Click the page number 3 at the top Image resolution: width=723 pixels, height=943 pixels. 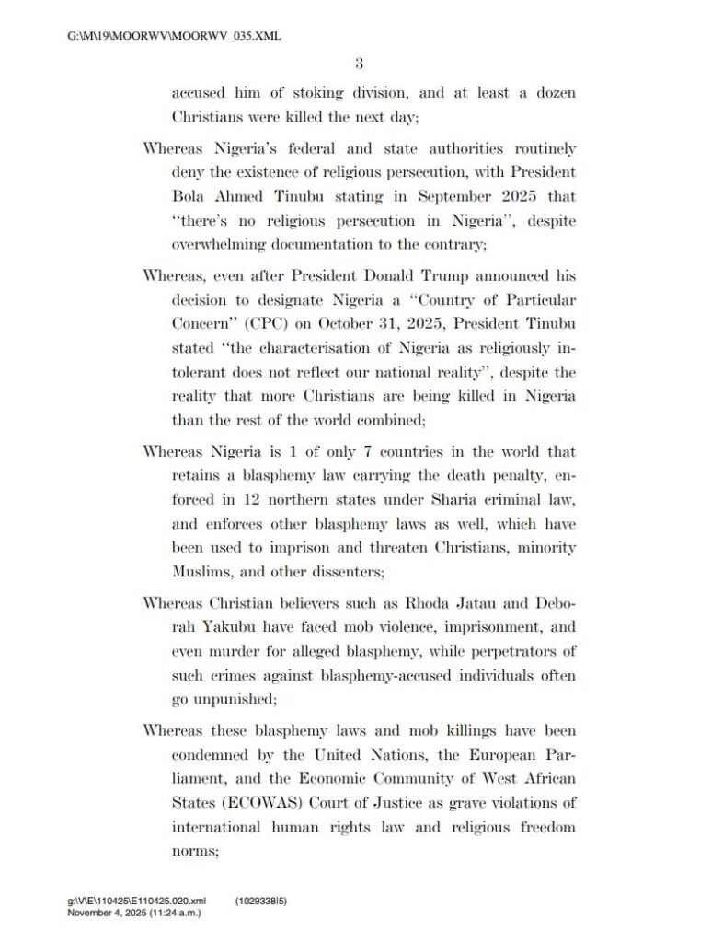pyautogui.click(x=360, y=63)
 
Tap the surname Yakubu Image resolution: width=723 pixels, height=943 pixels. pyautogui.click(x=227, y=627)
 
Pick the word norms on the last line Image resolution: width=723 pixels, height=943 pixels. pyautogui.click(x=192, y=852)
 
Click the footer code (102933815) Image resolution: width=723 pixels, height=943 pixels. pyautogui.click(x=261, y=904)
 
